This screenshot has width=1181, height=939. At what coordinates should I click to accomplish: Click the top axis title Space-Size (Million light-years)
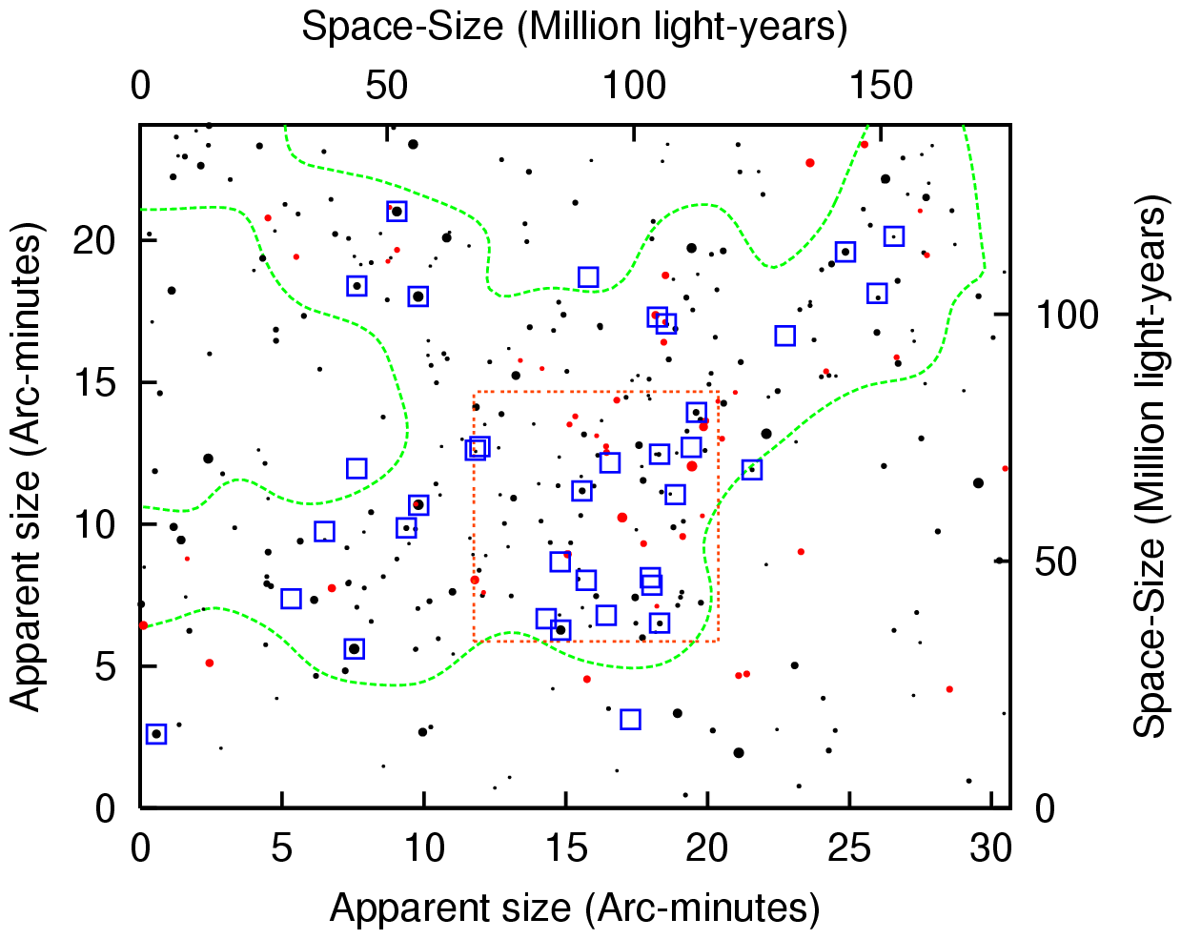(574, 27)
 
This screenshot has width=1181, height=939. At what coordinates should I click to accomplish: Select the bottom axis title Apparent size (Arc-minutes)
(574, 908)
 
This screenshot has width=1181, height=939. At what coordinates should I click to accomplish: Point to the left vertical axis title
(27, 467)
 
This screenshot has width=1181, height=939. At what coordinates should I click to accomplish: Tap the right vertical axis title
(1150, 467)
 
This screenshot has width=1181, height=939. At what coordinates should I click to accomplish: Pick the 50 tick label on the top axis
(387, 87)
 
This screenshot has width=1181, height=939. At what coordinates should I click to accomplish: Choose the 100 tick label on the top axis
(635, 87)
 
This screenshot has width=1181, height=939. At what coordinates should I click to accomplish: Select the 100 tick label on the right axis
(1068, 316)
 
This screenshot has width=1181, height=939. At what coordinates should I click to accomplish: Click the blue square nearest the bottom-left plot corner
(156, 734)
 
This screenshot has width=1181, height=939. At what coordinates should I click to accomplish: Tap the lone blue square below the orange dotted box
(630, 719)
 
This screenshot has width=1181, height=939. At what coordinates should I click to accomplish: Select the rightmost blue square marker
(893, 235)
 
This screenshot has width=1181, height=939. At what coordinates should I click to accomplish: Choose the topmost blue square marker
(397, 211)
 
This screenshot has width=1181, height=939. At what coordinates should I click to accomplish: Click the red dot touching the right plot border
(1006, 468)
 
